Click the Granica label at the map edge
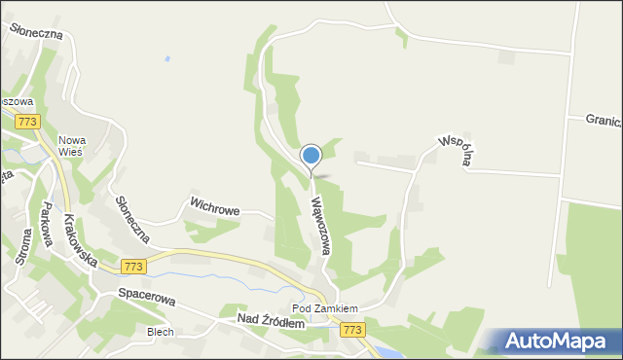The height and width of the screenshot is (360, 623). click(603, 119)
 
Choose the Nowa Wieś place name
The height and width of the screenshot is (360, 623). click(71, 145)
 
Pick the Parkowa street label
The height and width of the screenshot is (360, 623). click(44, 225)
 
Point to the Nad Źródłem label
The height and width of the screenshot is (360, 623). click(270, 321)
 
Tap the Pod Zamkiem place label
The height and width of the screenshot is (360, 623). click(325, 308)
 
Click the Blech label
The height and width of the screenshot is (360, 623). click(160, 332)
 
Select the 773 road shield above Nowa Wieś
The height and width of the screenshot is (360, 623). click(27, 122)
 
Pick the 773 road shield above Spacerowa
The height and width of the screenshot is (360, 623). click(134, 266)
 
